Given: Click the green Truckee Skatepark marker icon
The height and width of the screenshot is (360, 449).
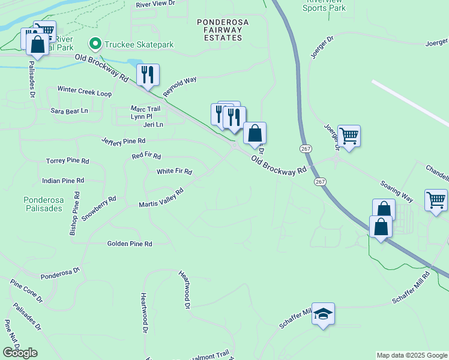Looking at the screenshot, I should point(95,44).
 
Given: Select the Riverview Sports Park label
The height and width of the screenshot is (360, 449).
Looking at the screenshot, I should point(324,5).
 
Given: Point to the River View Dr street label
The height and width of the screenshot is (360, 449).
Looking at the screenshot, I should point(155,4).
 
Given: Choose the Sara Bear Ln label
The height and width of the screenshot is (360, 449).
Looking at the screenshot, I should point(69,111).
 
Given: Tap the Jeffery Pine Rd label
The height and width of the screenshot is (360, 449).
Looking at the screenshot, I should point(124,141).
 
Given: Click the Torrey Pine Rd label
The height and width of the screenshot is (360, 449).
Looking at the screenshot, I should point(67,161).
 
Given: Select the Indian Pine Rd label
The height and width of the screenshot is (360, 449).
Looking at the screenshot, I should point(63,180).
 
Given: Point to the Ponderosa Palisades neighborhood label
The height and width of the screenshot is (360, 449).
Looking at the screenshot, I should point(43,204).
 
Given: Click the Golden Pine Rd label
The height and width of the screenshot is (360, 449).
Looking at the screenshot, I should point(130,244).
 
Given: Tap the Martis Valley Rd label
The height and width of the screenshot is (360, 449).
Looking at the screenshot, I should point(160,196).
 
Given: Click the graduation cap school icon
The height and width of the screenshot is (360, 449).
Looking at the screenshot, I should point(323,314).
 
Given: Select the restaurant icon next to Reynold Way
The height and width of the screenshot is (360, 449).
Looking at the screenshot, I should point(148,74).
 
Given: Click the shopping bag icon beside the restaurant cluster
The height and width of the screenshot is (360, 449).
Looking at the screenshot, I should point(255,133).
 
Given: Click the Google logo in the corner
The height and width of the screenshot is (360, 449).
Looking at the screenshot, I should point(20,353).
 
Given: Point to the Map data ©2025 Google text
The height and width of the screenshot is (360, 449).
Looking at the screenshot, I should point(411,355).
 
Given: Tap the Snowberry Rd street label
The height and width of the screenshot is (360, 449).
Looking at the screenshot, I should point(98,208).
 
